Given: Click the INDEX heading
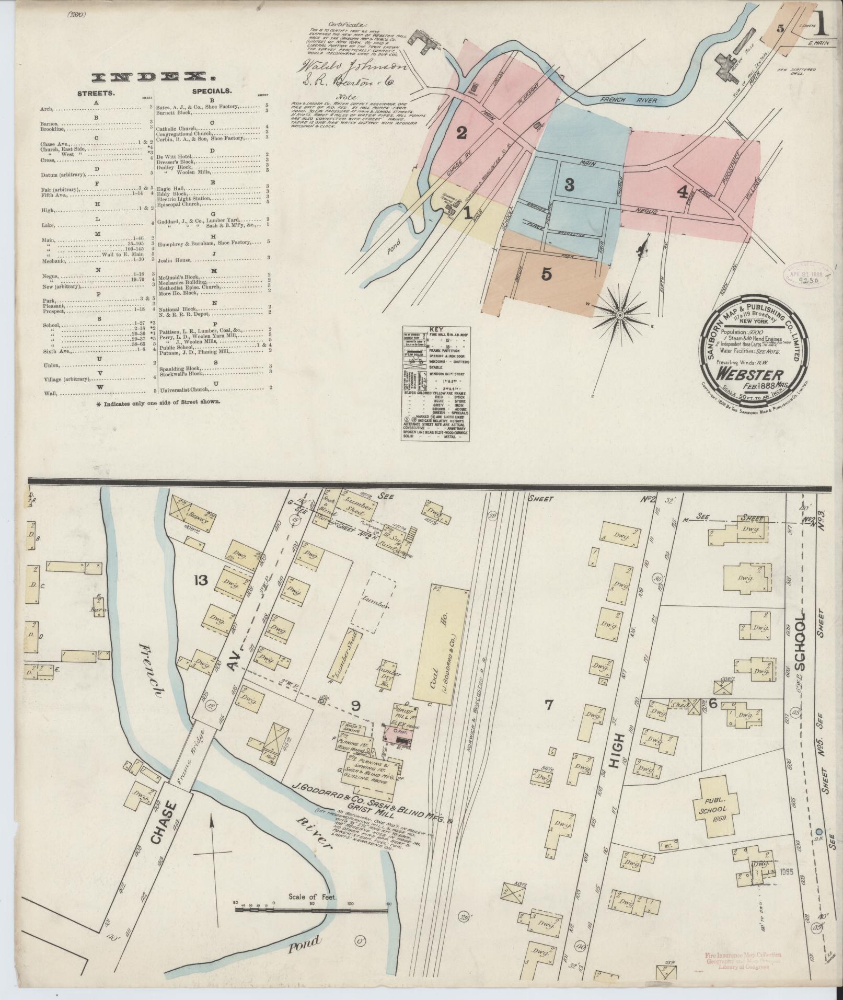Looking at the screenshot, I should coord(154,77).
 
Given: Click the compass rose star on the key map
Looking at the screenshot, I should coord(619,315).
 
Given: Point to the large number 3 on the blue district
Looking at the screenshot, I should coord(569,184).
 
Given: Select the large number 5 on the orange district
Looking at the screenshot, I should coord(546,273).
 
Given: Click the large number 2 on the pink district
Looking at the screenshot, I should coord(461,133).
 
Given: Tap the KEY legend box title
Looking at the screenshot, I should coord(435,330).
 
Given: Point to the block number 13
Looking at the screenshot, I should coord(201,580).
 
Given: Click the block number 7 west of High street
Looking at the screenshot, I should coord(548,706).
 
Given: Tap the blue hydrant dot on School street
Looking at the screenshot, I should coord(819,831).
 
